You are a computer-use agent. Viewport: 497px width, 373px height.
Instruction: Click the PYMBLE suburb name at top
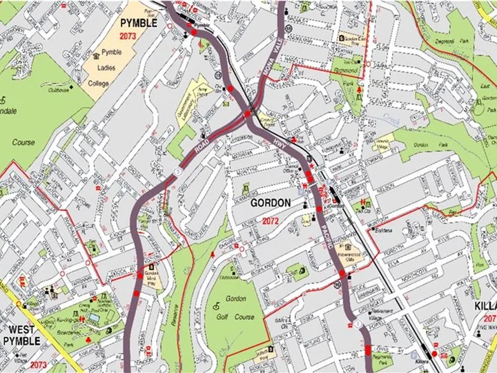pos(139,23)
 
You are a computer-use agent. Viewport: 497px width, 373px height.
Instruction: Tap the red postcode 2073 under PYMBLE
pos(128,36)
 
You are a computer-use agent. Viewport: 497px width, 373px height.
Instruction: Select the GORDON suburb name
pos(269,204)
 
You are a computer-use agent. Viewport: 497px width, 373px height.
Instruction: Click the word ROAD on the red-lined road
pos(202,146)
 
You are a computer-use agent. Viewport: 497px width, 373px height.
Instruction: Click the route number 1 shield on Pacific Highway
pos(358,324)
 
